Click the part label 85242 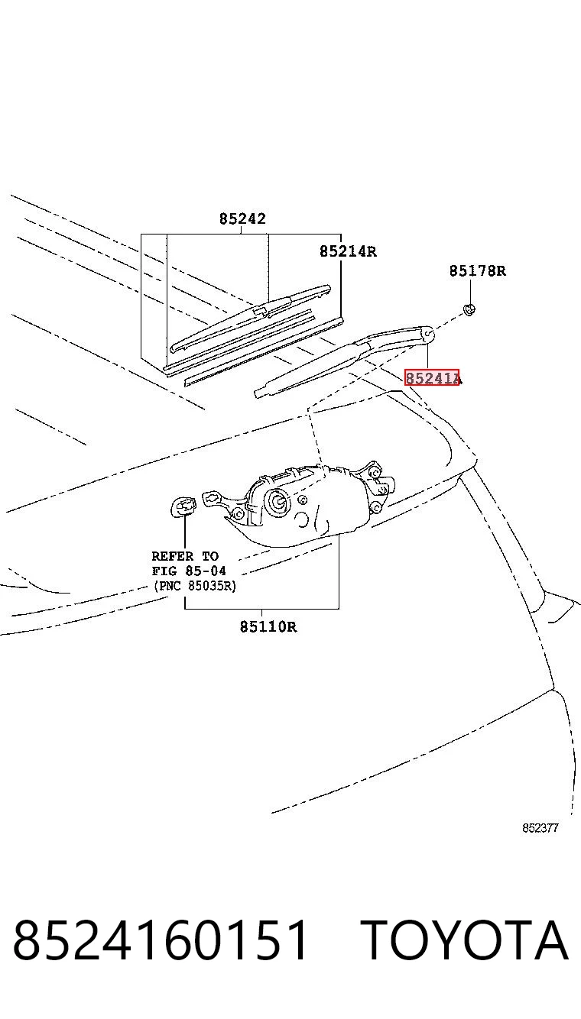242,218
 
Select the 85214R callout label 348,251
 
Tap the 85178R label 477,270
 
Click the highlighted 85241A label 433,377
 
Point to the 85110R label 268,627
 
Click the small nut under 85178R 469,310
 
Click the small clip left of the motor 183,506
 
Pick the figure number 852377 540,828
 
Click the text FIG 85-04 189,571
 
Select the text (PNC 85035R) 195,585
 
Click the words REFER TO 185,556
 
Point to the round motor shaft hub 278,500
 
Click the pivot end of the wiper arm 427,335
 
